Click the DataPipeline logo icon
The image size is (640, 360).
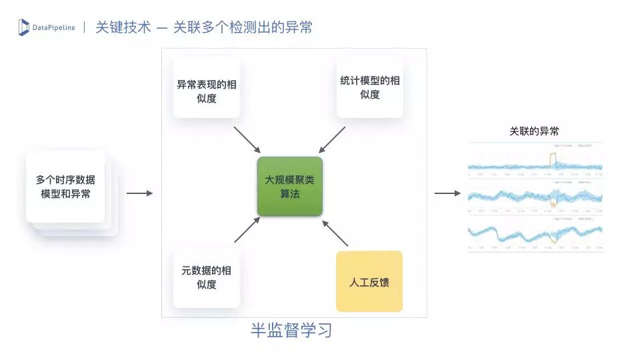pyautogui.click(x=24, y=27)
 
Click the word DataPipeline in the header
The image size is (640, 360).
pyautogui.click(x=54, y=27)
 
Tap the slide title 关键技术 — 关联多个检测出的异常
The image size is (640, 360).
pyautogui.click(x=204, y=27)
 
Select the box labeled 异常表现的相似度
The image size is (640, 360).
pyautogui.click(x=206, y=92)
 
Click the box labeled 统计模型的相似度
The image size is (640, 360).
pyautogui.click(x=370, y=87)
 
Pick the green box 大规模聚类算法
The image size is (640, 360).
pyautogui.click(x=290, y=187)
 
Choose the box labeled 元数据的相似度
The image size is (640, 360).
pyautogui.click(x=206, y=278)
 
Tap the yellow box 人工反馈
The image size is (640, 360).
pyautogui.click(x=369, y=281)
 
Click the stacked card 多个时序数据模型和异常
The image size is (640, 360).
pyautogui.click(x=65, y=187)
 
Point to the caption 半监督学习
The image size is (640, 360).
pyautogui.click(x=291, y=330)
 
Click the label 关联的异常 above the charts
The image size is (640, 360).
pyautogui.click(x=534, y=131)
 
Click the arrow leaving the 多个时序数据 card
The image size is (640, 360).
pyautogui.click(x=139, y=193)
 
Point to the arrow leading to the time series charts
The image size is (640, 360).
pyautogui.click(x=447, y=193)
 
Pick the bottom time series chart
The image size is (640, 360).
pyautogui.click(x=535, y=233)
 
